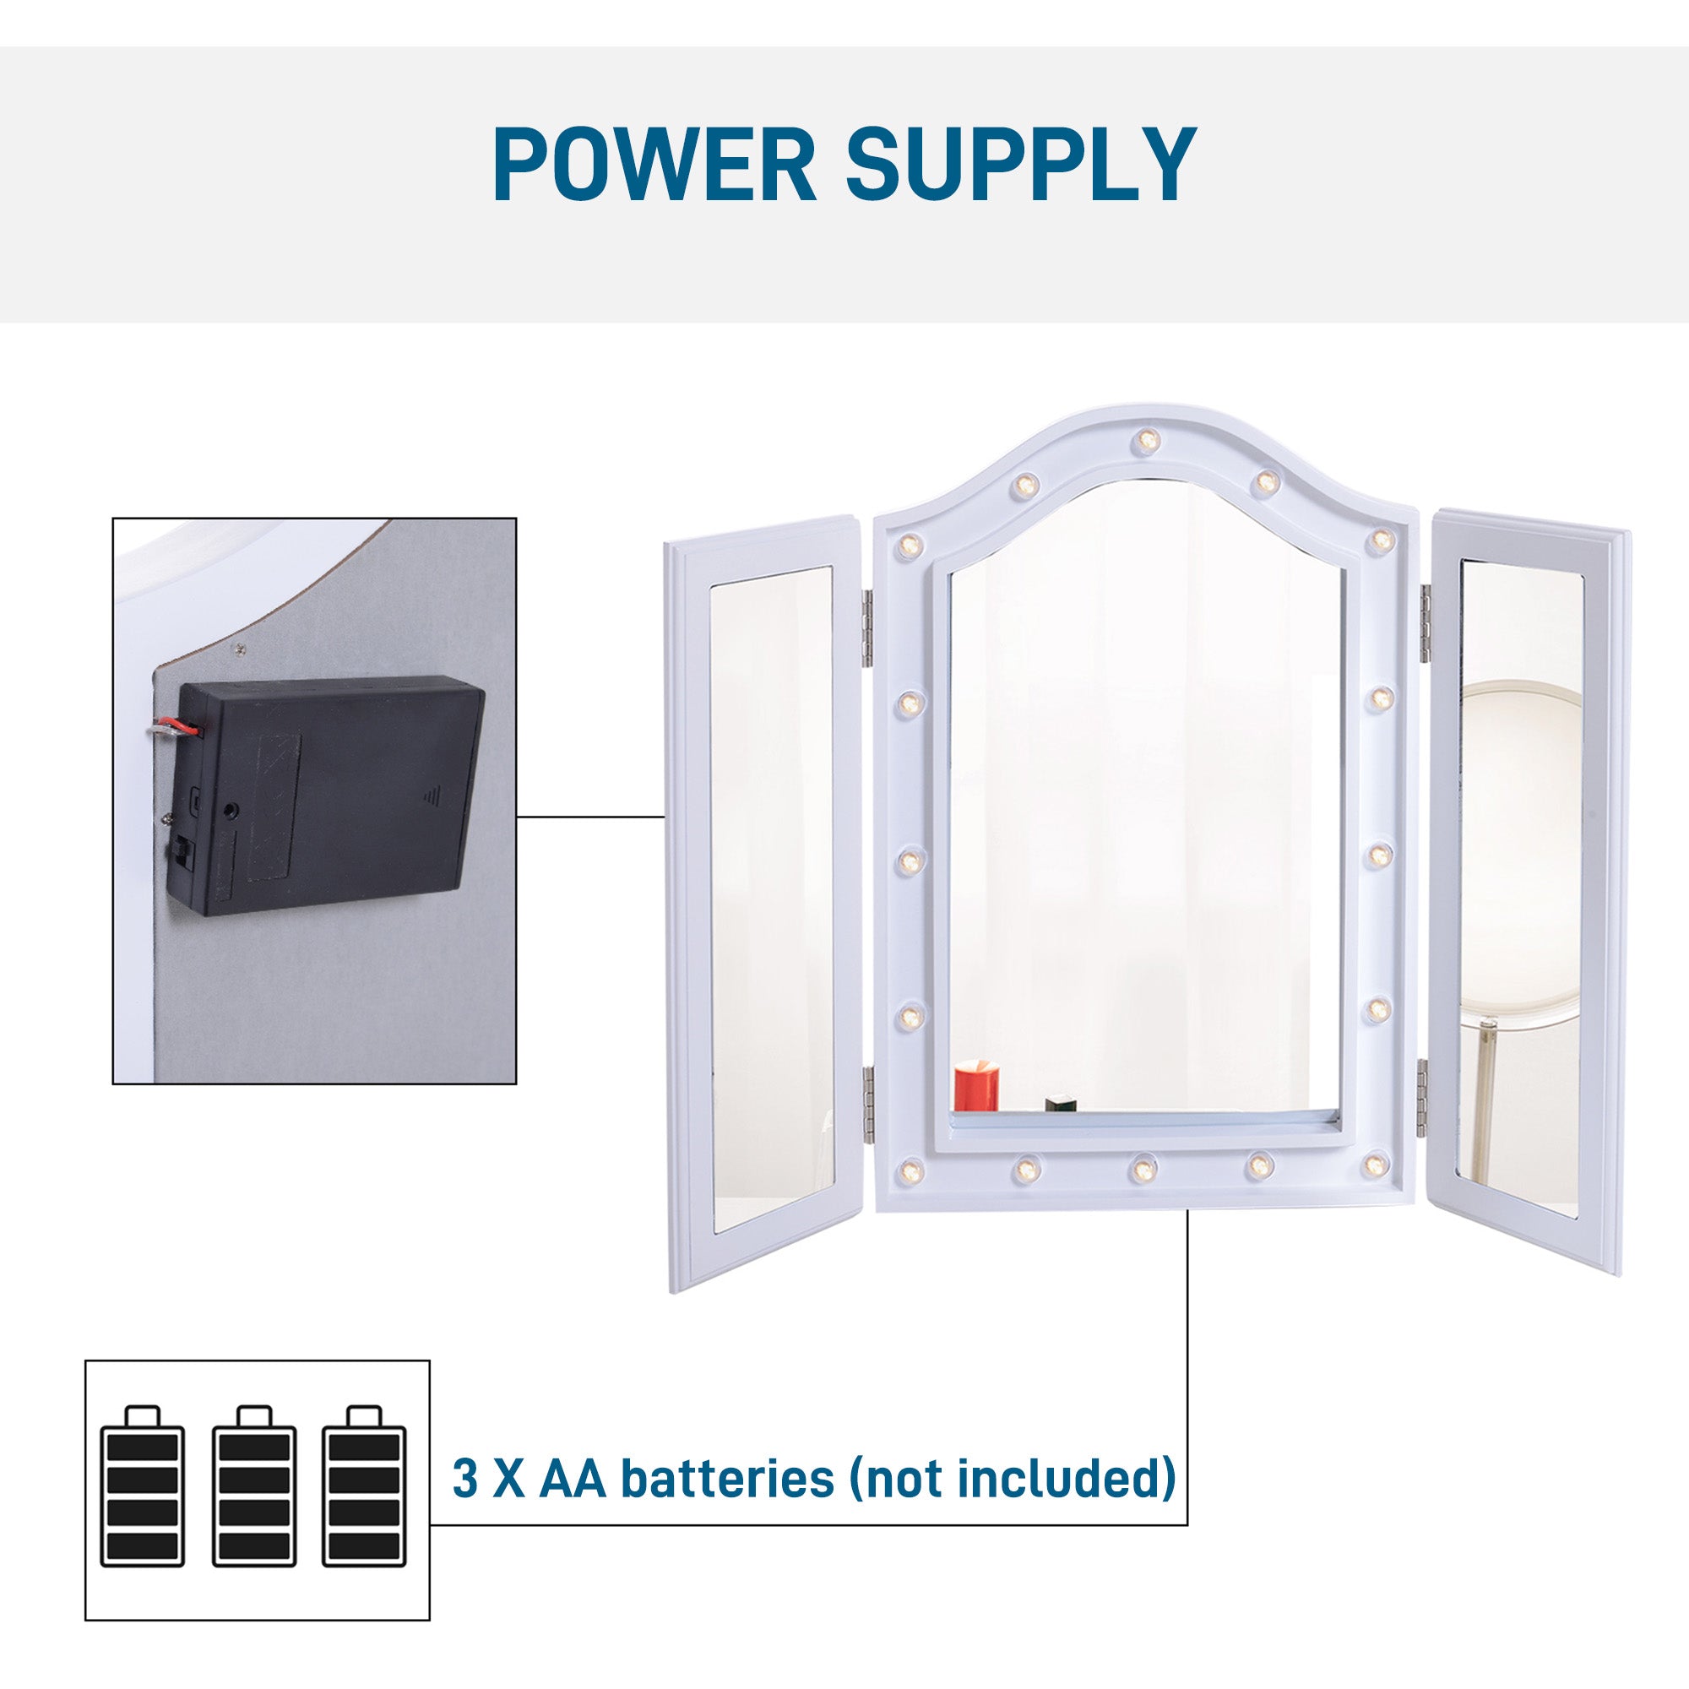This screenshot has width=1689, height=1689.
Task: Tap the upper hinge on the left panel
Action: point(867,623)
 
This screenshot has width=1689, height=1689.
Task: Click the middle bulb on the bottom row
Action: point(1143,1166)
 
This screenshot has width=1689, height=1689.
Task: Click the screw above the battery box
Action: point(241,648)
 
